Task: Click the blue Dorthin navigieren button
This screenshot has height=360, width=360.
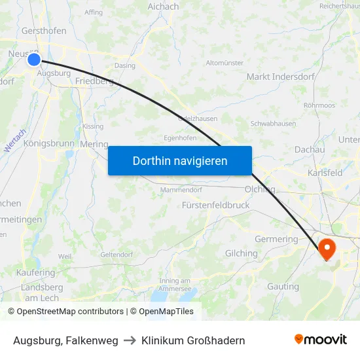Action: (180, 160)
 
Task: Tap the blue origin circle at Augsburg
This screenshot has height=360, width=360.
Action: (34, 60)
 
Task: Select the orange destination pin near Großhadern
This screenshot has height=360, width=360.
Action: (326, 248)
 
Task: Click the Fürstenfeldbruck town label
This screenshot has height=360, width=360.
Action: (216, 205)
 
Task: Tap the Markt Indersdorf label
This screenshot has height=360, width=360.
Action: (280, 77)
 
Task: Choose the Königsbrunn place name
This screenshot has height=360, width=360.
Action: (49, 143)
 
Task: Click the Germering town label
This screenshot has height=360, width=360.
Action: (276, 239)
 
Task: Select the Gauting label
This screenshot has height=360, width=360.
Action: (283, 286)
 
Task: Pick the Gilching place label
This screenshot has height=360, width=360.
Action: (241, 253)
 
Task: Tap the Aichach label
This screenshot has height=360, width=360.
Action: (163, 7)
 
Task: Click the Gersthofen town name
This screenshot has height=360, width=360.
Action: (44, 31)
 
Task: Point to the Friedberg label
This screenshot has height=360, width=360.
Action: (94, 81)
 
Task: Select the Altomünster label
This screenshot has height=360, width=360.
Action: (225, 63)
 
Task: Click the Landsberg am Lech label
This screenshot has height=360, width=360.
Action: (42, 292)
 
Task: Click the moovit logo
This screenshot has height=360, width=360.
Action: (321, 339)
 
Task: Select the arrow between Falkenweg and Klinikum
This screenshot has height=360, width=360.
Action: (130, 340)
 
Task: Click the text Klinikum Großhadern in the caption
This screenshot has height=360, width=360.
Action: (193, 340)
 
